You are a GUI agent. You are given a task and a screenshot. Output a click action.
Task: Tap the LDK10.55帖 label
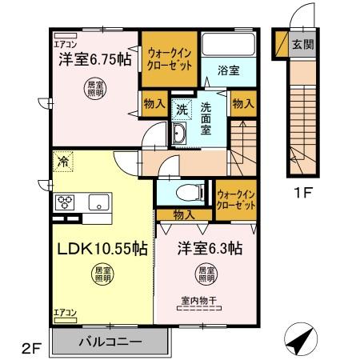(x=100, y=249)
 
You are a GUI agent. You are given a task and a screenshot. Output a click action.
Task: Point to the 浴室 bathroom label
(x=227, y=70)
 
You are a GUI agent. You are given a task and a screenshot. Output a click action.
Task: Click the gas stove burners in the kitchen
(x=64, y=202)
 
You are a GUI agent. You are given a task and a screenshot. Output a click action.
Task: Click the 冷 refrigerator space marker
(x=62, y=162)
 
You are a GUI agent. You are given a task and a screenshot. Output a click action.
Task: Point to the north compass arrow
(x=298, y=340)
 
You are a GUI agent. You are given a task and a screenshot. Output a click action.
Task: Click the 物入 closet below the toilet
(x=182, y=214)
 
